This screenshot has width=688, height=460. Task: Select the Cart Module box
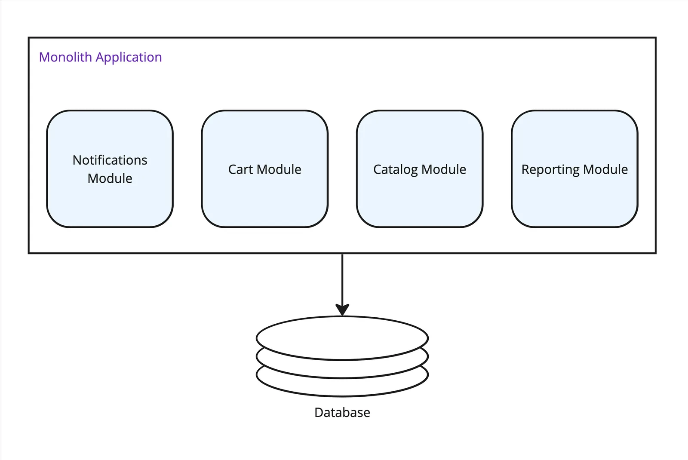click(x=264, y=198)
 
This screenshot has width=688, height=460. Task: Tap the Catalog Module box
click(x=419, y=198)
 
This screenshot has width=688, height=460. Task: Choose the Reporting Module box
click(x=574, y=198)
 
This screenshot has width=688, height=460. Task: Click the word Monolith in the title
click(x=65, y=57)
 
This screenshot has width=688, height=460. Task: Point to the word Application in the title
click(x=129, y=58)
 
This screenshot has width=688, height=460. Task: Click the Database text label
click(x=342, y=412)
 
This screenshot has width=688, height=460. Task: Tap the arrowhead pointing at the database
click(x=342, y=310)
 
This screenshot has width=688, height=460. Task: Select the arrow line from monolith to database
click(x=342, y=279)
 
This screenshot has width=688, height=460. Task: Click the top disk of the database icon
click(x=342, y=338)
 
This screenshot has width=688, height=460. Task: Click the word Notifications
click(x=110, y=160)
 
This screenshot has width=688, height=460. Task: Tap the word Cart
click(x=240, y=169)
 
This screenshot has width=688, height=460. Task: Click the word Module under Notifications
click(x=110, y=178)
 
